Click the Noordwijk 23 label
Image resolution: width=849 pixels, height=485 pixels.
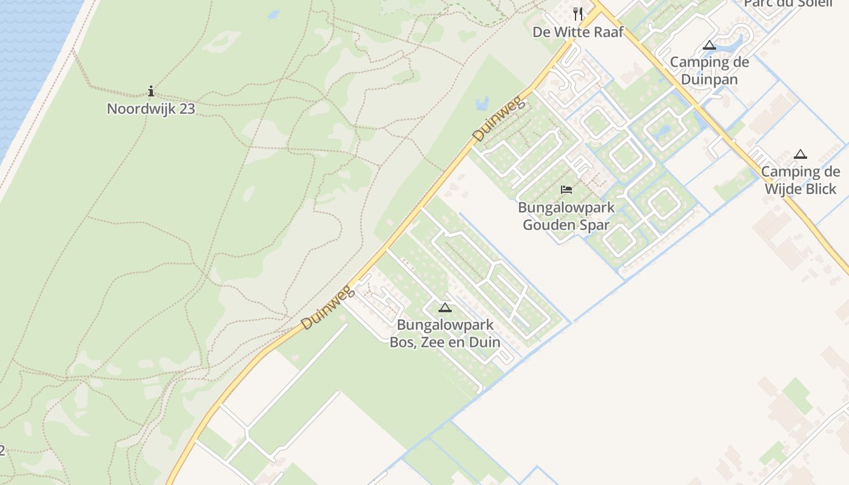tap(151, 109)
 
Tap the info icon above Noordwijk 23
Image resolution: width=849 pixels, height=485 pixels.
tap(151, 92)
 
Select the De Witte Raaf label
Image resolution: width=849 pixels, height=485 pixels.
tap(577, 32)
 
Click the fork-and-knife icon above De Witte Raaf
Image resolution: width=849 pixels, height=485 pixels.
tap(578, 13)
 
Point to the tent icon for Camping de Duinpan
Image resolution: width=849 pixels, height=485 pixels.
tap(710, 45)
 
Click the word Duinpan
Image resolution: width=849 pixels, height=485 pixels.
tap(710, 79)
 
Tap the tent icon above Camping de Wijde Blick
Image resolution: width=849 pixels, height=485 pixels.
tap(800, 154)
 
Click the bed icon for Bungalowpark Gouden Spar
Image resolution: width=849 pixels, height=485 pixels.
tap(566, 190)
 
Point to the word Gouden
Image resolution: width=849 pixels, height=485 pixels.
tap(548, 224)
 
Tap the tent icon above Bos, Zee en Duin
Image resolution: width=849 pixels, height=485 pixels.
tap(445, 307)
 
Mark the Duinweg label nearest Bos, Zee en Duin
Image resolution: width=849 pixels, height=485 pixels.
tap(327, 309)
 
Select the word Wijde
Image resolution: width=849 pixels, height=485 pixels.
tap(783, 189)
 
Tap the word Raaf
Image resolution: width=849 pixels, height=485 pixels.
tap(607, 32)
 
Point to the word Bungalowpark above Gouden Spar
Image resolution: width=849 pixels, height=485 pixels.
tap(566, 207)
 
